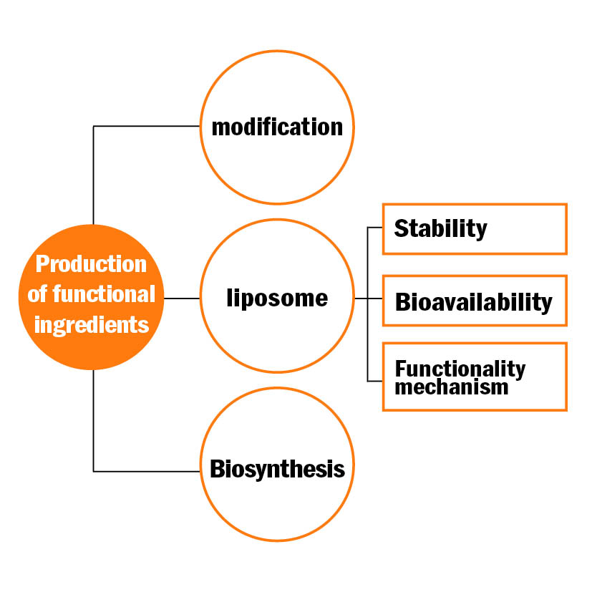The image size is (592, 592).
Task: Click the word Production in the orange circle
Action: pos(91,263)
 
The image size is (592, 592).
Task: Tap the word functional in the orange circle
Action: pos(104,293)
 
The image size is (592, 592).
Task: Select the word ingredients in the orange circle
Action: pos(92,325)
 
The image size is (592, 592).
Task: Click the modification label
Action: pos(277,127)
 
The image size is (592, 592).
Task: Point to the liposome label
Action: pos(277,299)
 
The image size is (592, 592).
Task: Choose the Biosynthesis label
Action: pos(277,470)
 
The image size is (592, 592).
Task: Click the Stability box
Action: pos(475,229)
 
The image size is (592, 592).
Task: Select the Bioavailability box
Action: pos(475,301)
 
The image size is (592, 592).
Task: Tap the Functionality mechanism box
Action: pos(475,377)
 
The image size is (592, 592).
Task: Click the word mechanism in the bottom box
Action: pos(452,387)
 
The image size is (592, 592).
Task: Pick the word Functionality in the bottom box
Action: pos(460,369)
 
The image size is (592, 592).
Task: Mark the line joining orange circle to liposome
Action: pos(182,299)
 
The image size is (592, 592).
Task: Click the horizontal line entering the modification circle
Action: pos(147,126)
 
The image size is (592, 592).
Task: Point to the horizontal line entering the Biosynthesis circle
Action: pos(147,472)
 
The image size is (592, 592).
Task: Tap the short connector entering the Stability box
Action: pos(375,228)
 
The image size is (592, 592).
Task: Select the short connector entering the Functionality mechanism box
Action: pos(375,382)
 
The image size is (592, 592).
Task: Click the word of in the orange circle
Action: pos(37,293)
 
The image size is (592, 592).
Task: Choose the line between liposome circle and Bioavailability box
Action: pos(369,299)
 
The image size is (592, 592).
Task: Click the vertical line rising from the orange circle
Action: pos(93,175)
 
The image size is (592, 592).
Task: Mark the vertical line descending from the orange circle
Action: pos(93,421)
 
